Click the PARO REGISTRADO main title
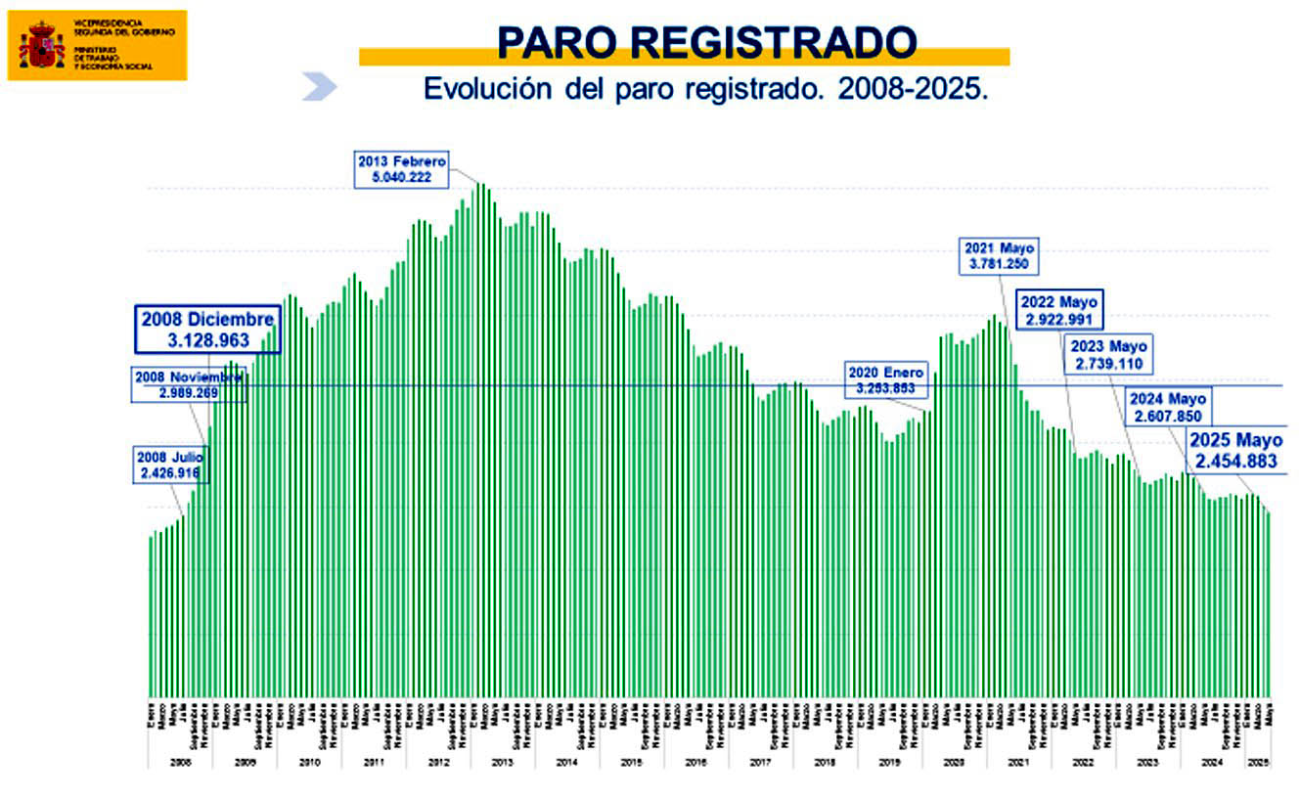coord(706,41)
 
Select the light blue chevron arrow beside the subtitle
coord(319,87)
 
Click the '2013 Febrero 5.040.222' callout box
coord(401,168)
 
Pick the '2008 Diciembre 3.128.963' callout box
coord(205,330)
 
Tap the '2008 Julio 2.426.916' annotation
coord(170,465)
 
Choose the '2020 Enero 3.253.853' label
coord(884,380)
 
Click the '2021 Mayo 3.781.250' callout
coord(1000,255)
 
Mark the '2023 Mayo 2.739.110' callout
coord(1108,355)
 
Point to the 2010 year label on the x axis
coord(309,761)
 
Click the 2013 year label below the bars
coord(502,761)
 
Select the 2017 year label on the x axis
coord(759,761)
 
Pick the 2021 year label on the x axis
coord(1017,761)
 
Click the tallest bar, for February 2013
coord(479,440)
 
